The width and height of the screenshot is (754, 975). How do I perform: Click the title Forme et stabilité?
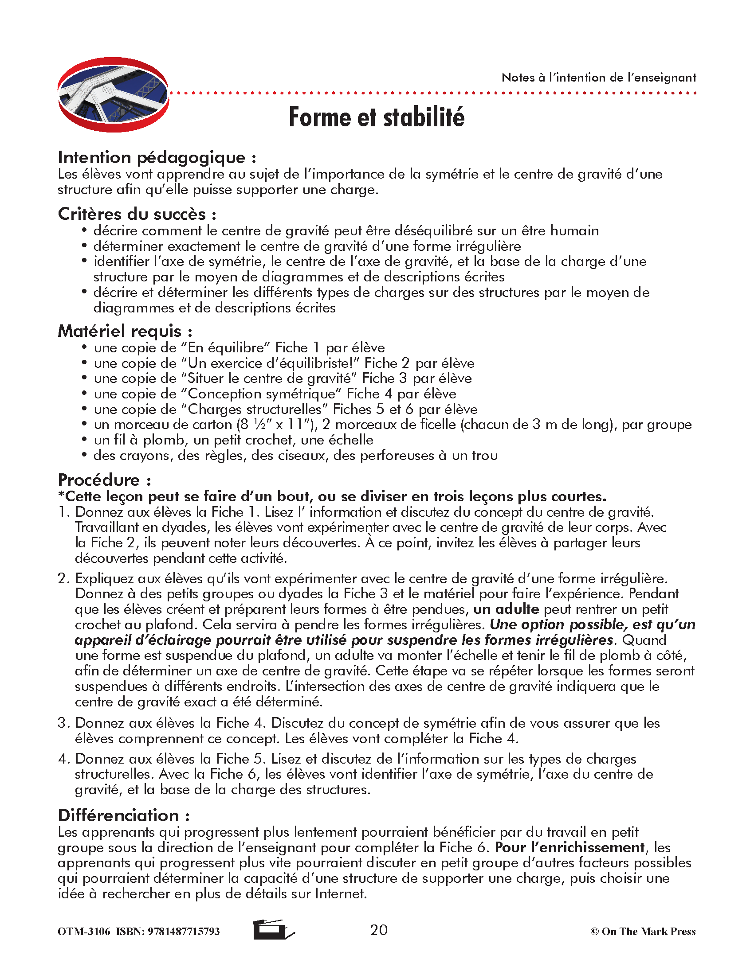click(377, 117)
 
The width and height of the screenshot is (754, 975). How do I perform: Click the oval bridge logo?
click(113, 95)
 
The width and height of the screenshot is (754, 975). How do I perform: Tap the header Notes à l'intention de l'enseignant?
click(599, 78)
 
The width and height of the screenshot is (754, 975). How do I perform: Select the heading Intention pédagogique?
click(157, 158)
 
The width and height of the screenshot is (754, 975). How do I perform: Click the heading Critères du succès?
click(137, 214)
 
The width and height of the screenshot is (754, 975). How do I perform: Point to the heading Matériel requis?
click(125, 331)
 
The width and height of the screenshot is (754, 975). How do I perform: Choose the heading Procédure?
click(104, 480)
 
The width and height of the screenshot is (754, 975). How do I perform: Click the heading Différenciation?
click(124, 815)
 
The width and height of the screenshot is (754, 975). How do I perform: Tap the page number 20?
click(379, 930)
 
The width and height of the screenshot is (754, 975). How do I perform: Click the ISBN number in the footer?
click(168, 932)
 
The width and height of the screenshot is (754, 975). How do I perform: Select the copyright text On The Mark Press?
click(643, 932)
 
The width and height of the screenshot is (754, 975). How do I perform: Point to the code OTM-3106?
click(83, 932)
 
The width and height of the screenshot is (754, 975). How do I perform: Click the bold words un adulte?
click(506, 609)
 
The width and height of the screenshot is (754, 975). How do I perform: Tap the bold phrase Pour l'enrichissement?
click(569, 847)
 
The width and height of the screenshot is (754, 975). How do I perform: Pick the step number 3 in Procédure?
click(63, 723)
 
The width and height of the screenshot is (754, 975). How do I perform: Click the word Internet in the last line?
click(340, 894)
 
